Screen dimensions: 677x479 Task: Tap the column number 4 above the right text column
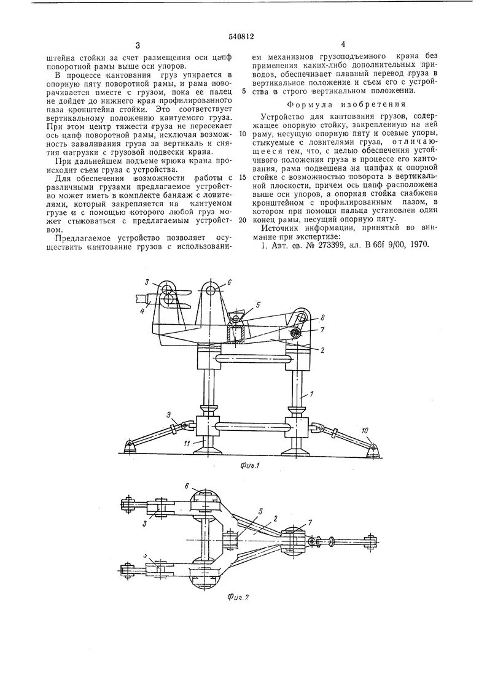coord(343,44)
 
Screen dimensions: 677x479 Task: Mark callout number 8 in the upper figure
coord(322,319)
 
